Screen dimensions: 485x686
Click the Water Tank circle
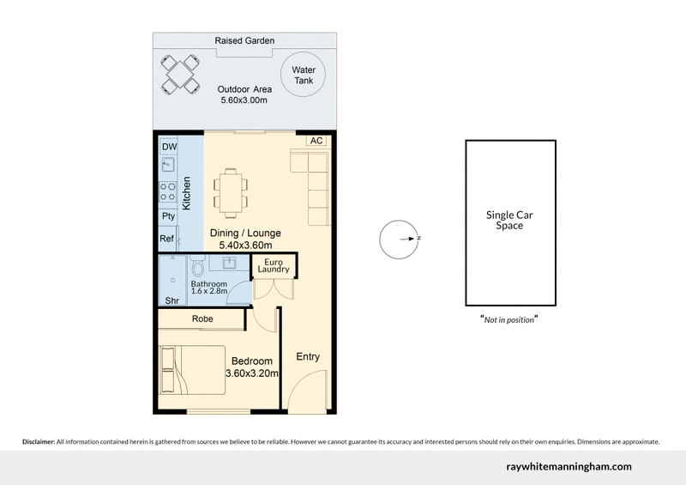(302, 75)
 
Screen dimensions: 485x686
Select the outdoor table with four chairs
(180, 73)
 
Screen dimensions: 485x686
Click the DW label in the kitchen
(167, 147)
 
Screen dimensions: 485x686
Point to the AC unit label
(316, 141)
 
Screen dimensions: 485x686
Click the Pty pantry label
(168, 216)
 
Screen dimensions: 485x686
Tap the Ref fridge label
(168, 239)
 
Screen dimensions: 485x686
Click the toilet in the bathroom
(197, 264)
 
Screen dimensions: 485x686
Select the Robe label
(203, 318)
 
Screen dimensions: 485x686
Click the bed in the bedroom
(190, 368)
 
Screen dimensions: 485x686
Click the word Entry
(307, 356)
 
